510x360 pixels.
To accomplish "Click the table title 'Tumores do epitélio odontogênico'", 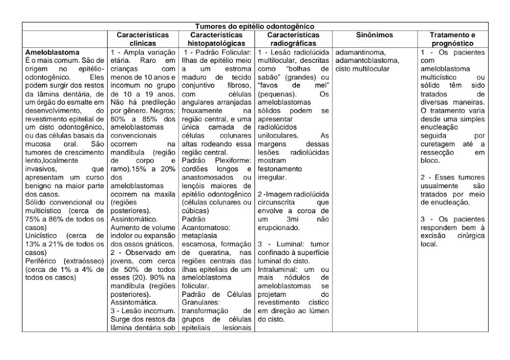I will tap(254, 26).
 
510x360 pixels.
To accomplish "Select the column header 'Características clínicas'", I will tap(142, 39).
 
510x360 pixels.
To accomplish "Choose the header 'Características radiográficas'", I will tap(293, 39).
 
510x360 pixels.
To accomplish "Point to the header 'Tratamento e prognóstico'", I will tap(452, 39).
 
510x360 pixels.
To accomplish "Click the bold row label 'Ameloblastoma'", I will tap(53, 53).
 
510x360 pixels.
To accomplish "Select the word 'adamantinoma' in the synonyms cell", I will tap(361, 53).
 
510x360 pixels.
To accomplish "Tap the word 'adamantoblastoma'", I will tap(367, 61).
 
